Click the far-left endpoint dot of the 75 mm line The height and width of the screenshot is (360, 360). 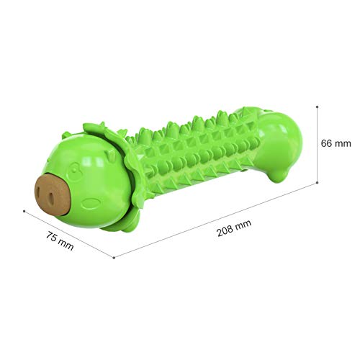[24, 212]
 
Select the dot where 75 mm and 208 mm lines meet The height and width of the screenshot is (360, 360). [114, 257]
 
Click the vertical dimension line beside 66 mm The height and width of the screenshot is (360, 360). [318, 162]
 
